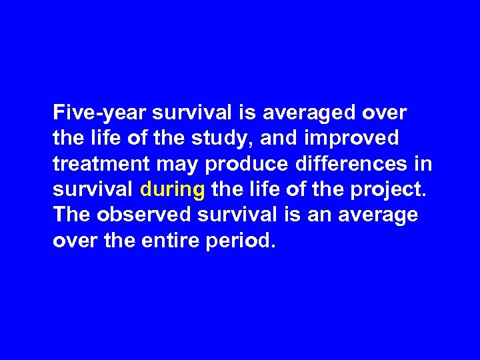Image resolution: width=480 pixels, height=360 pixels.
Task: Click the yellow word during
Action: tap(173, 190)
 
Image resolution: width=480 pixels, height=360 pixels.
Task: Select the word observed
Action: tap(139, 215)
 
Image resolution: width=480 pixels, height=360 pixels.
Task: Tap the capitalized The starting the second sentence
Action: tap(71, 215)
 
